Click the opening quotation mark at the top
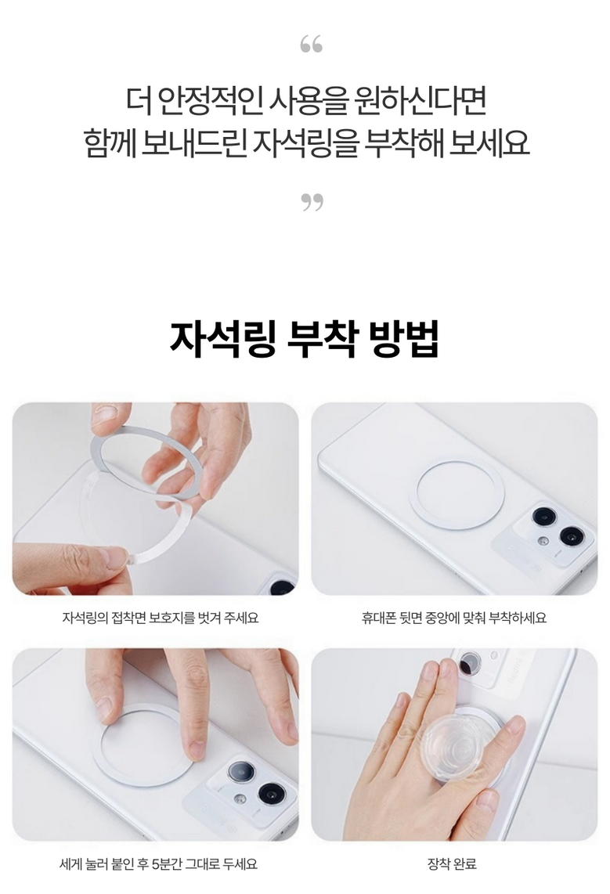click(x=312, y=44)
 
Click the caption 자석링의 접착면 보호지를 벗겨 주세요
click(x=161, y=618)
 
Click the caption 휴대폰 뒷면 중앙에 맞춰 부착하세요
click(x=454, y=618)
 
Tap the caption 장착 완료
click(x=452, y=863)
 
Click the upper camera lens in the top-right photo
click(x=545, y=517)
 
